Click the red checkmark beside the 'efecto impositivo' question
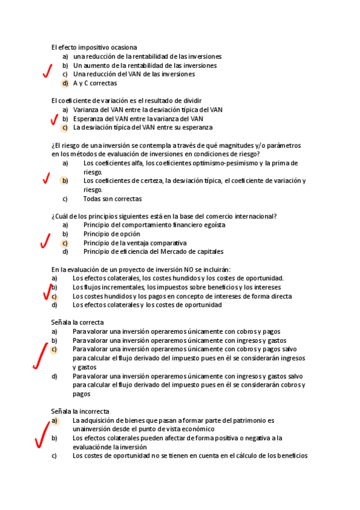[47, 72]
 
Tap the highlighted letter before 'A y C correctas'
[65, 84]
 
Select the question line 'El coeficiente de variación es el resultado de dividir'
[126, 100]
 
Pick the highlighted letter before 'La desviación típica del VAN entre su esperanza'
[65, 127]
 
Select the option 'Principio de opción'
[112, 234]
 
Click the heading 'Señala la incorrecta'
[81, 411]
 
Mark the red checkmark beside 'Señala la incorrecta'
[43, 436]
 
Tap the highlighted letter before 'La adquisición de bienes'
[55, 420]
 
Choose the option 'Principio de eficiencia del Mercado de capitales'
[153, 252]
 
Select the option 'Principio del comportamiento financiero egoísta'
[154, 225]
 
